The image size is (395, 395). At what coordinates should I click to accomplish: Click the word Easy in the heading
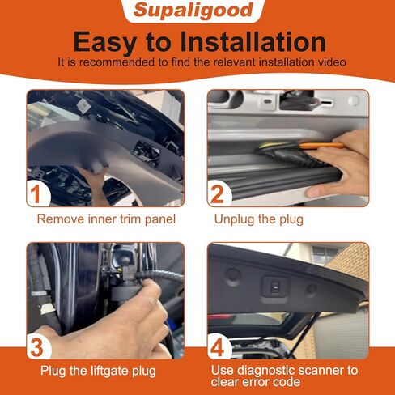(110, 41)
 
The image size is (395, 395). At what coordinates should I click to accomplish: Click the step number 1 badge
(35, 193)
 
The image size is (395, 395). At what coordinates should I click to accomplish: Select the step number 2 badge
(218, 193)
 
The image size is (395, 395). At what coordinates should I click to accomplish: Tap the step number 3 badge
(35, 346)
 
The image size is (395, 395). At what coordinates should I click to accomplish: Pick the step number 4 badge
(218, 346)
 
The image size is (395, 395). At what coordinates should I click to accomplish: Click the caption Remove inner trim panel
(106, 219)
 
